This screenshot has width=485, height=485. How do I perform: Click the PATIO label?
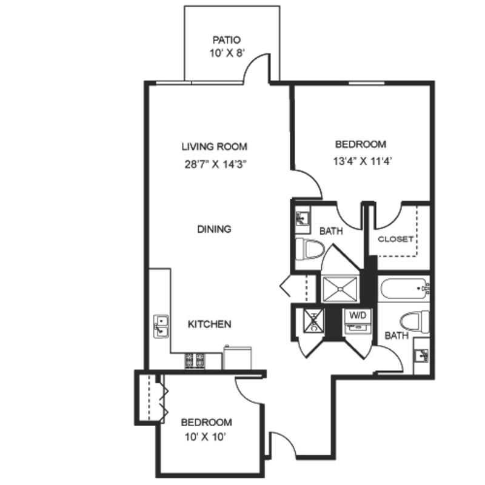pos(226,40)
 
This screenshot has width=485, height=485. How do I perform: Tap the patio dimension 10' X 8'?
pos(227,53)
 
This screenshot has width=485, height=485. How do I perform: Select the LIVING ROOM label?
pos(215,146)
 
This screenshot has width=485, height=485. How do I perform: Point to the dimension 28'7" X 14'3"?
pos(215,164)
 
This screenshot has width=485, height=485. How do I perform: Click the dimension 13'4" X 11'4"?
pos(363,161)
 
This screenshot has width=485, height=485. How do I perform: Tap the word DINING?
pos(214,229)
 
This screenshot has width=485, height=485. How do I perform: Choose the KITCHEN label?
pos(209,324)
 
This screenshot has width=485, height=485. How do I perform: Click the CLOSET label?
pos(396,239)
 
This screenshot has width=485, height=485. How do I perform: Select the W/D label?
pos(358,315)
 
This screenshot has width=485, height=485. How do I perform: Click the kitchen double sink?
pos(161,326)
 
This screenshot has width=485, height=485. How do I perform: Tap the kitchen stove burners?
pos(195,361)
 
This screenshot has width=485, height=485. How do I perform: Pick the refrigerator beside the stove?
pos(238,358)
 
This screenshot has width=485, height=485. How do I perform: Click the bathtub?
pos(404,289)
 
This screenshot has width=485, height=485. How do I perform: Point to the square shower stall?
pos(340,289)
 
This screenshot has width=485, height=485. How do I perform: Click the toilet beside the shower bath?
pos(309,249)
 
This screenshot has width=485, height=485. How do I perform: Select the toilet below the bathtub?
pos(415,322)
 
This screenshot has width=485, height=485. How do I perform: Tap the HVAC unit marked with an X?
pos(313,321)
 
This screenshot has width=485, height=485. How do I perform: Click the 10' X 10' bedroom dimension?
pos(205,437)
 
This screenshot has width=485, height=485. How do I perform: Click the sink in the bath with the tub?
pos(421,356)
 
